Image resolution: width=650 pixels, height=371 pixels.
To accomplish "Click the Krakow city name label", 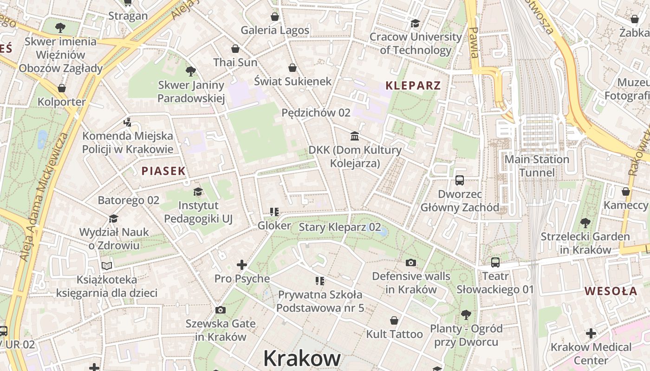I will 302,358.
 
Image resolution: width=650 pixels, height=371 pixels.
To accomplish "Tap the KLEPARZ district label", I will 413,86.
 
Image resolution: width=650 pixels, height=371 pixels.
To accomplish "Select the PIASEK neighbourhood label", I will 163,171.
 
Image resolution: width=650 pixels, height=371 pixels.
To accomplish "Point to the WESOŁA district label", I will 611,291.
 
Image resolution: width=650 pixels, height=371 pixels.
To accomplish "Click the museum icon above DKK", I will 355,136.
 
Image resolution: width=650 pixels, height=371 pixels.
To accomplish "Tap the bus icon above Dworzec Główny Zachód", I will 460,180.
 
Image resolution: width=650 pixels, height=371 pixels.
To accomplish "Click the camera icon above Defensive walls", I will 411,263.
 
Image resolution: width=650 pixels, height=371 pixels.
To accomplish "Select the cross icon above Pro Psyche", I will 242,265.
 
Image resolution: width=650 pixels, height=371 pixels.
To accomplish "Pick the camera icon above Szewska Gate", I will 221,310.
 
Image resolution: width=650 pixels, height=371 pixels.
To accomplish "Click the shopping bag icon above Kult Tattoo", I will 394,320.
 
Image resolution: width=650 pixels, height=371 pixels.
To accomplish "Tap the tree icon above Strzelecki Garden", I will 585,223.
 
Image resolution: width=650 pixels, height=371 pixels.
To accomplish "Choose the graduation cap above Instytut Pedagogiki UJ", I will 198,192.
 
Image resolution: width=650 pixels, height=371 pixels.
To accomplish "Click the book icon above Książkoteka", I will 107,266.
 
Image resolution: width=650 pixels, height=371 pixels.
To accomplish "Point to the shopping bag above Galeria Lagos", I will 275,17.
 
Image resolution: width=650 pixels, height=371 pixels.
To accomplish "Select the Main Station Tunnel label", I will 537,166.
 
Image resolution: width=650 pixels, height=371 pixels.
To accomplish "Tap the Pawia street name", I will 474,43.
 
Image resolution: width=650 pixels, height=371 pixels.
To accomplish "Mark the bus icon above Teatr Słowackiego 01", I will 495,262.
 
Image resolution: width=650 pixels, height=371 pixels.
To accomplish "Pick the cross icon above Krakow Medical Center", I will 591,333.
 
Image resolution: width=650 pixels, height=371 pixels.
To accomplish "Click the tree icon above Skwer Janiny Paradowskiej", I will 190,71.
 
